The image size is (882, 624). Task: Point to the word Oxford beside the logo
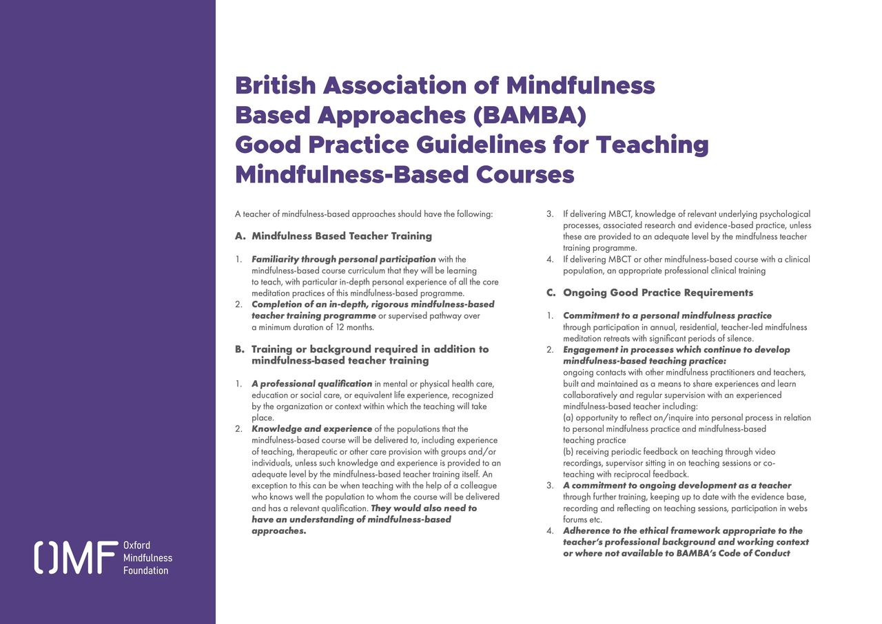coord(136,545)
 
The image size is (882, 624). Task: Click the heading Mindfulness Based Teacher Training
coord(342,236)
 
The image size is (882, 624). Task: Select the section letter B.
coord(240,349)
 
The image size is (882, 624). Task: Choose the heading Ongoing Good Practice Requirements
coord(658,292)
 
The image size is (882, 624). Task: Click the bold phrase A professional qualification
coord(312,384)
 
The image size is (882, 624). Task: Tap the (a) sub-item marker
coord(568,417)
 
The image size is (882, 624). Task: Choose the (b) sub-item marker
coord(568,452)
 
